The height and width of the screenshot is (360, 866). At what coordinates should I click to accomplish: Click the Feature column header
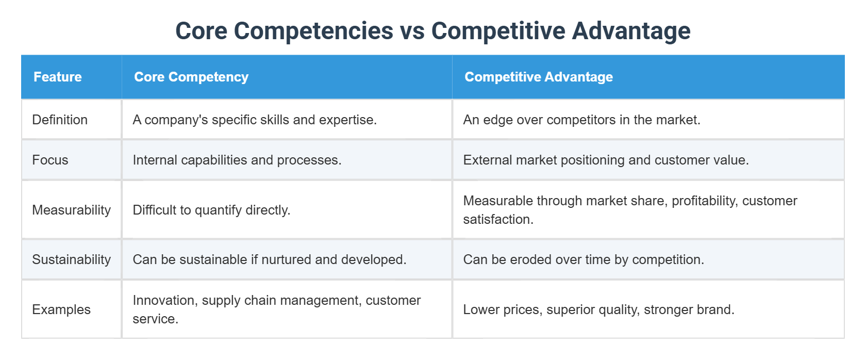tap(58, 77)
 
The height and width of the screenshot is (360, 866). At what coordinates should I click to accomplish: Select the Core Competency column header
tap(191, 77)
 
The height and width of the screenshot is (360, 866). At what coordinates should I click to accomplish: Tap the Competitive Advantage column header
tap(539, 77)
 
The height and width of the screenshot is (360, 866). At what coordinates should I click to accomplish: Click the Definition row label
tap(60, 120)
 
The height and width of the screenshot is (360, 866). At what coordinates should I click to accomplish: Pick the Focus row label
tap(50, 160)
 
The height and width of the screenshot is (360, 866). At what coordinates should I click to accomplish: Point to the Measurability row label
tap(71, 210)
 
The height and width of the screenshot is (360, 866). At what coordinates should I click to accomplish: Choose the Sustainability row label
tap(71, 259)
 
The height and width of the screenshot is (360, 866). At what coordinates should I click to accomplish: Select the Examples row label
tap(61, 309)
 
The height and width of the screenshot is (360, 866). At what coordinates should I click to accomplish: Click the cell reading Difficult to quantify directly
tap(211, 210)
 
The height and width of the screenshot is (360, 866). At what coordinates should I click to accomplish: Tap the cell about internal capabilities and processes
tap(237, 160)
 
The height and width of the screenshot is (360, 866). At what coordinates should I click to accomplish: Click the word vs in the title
tap(412, 31)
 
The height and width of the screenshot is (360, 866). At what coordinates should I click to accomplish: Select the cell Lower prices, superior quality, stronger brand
tap(598, 309)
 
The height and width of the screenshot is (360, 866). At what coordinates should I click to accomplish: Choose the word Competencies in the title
tap(313, 31)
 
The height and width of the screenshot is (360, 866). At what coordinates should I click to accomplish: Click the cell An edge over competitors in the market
tap(581, 120)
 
